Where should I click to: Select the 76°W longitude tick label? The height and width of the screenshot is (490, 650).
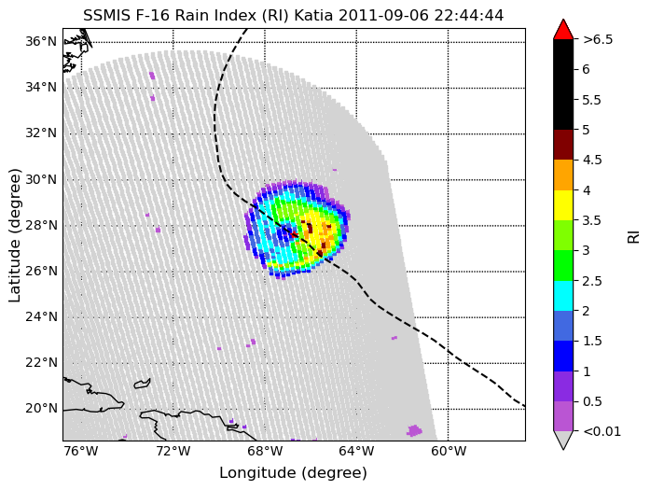point(81,451)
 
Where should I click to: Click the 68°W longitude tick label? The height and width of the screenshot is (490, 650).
point(265,451)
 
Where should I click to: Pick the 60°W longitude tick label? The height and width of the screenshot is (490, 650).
point(449,451)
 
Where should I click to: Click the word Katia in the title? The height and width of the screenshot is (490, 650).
point(313,16)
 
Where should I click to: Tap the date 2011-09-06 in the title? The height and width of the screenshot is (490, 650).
point(384,16)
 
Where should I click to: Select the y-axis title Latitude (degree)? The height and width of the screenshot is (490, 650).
point(14,235)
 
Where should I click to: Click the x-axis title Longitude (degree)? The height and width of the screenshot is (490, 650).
point(293,473)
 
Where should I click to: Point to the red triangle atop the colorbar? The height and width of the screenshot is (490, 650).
point(563,30)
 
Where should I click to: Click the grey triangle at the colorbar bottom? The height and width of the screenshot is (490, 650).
point(563,440)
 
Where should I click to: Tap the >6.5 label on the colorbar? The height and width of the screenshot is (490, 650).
point(598,39)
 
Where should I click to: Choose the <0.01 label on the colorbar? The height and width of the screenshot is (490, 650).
point(602,431)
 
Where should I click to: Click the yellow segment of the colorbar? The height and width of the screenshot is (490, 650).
point(563,205)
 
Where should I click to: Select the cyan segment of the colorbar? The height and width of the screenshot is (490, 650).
point(563,296)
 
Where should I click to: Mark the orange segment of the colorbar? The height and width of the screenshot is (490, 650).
point(563,175)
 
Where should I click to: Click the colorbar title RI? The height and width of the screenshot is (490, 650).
point(634,237)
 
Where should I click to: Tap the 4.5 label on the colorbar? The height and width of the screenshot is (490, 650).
point(592,161)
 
